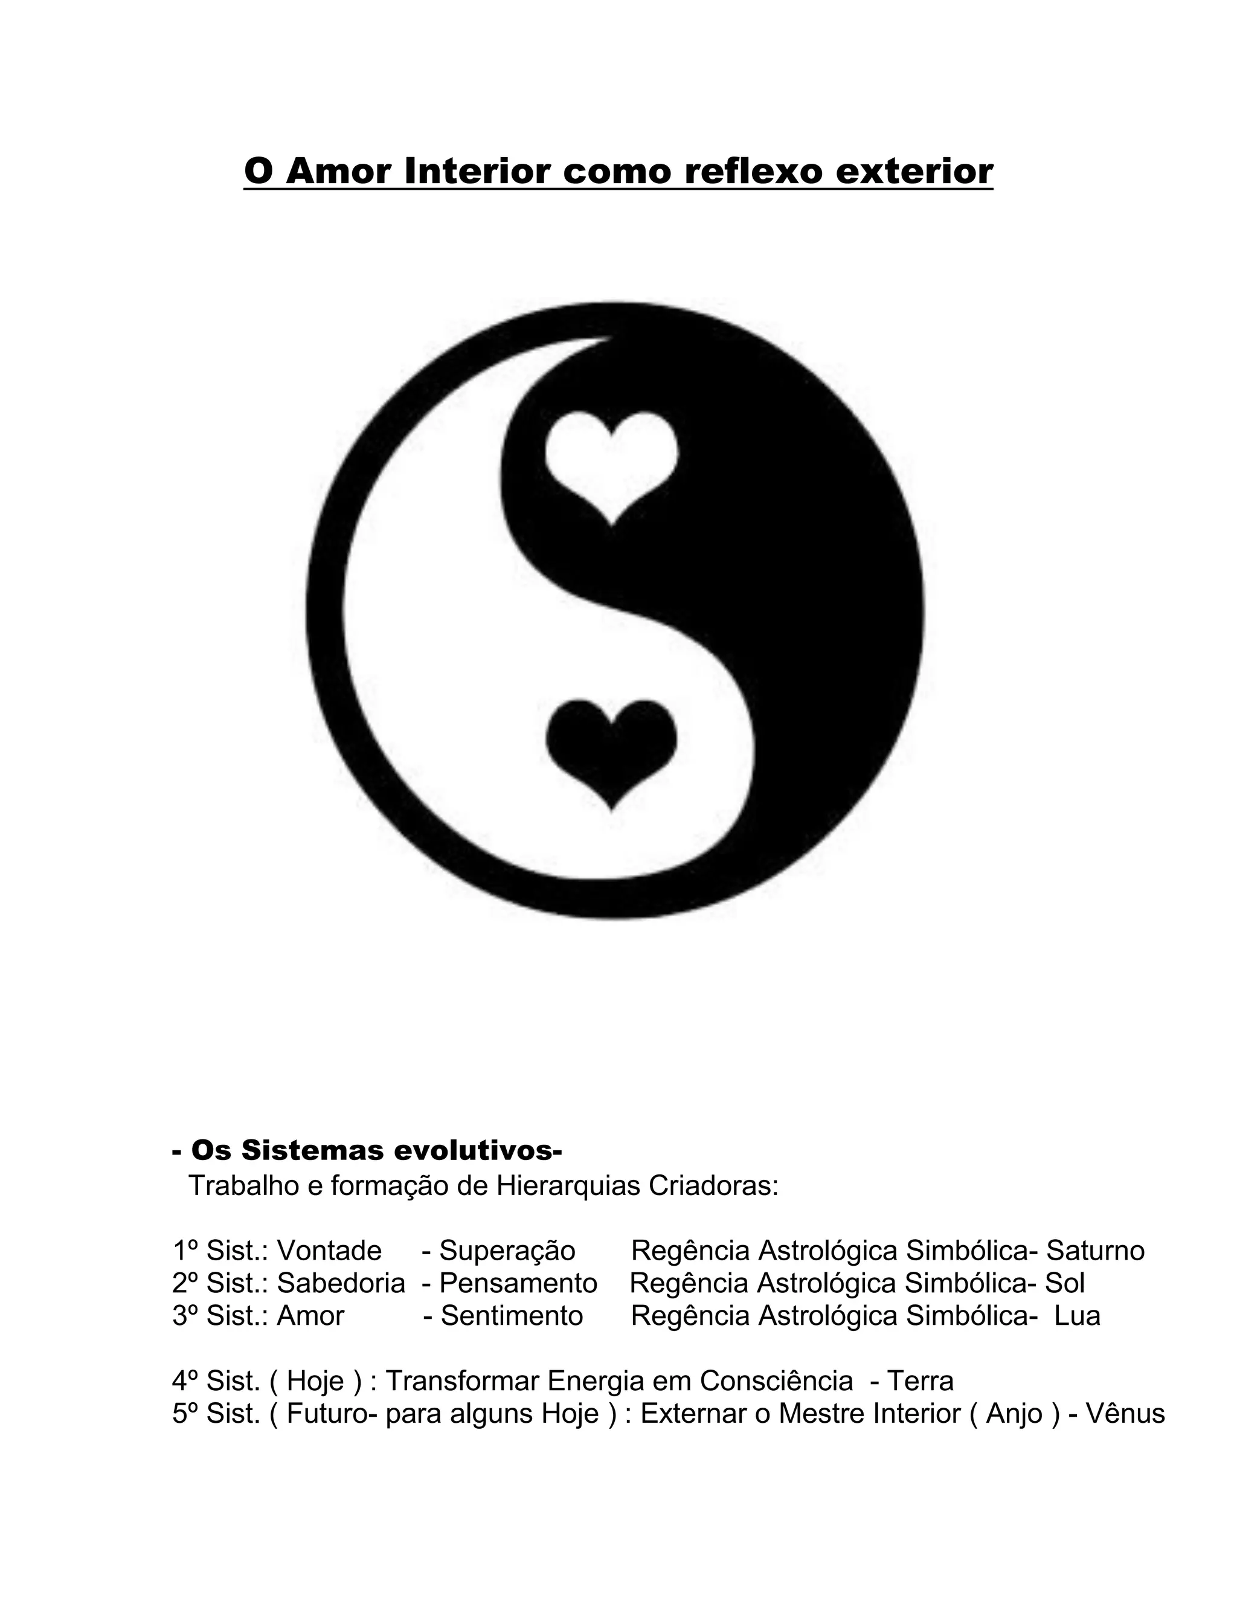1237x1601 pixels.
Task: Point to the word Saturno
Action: coord(1095,1251)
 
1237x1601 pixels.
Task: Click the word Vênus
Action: coord(1125,1413)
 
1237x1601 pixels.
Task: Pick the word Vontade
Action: coord(329,1251)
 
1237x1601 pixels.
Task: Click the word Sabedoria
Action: coord(341,1283)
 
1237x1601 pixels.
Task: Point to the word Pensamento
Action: coord(518,1283)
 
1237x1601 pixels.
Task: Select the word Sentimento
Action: coord(512,1316)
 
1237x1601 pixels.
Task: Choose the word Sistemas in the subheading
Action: coord(313,1151)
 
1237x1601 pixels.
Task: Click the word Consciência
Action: coord(776,1381)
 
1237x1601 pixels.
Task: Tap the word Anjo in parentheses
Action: coord(1014,1413)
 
